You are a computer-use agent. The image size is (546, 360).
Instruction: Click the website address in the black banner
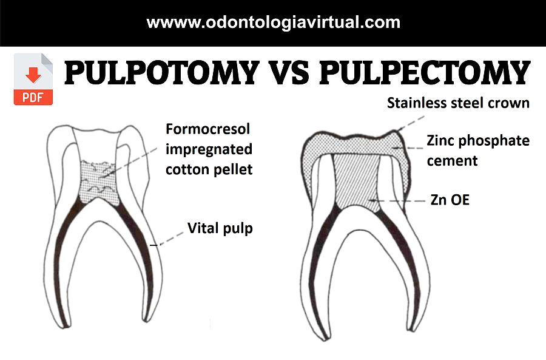[x=273, y=23]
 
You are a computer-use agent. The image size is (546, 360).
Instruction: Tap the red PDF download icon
[x=33, y=79]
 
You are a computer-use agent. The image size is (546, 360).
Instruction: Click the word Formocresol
[x=208, y=129]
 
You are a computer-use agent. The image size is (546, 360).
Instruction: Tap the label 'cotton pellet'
[x=209, y=169]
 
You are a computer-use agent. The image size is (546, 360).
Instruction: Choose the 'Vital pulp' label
[x=220, y=228]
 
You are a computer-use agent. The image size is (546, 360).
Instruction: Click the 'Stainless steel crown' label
[x=458, y=103]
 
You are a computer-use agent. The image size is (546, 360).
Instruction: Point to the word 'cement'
[x=452, y=160]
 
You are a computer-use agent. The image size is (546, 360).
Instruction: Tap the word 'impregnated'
[x=209, y=149]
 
